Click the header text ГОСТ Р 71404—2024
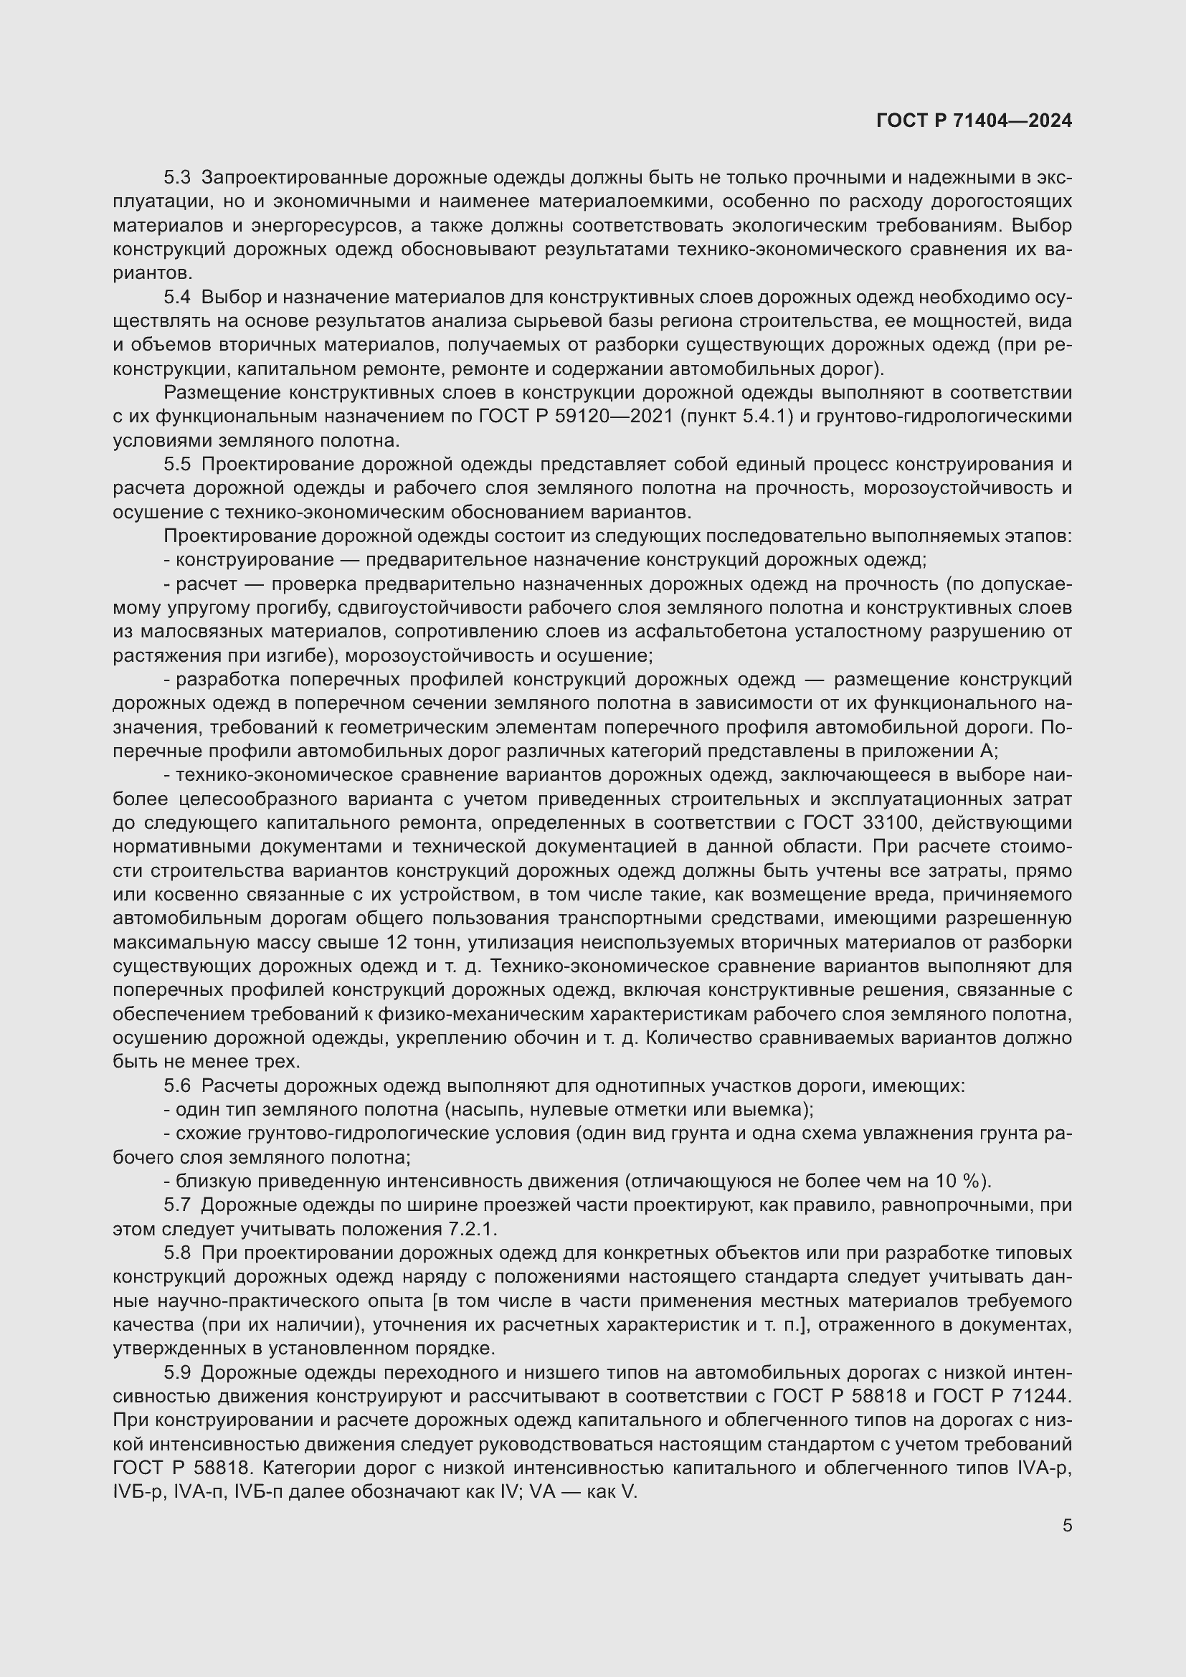tap(974, 121)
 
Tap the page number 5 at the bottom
tap(1067, 1525)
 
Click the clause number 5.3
tap(176, 178)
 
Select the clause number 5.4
tap(176, 298)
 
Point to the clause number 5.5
tap(176, 465)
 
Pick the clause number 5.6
tap(176, 1086)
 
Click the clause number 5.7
tap(176, 1205)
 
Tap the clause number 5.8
tap(176, 1253)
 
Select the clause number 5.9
tap(176, 1373)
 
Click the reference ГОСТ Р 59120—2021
tap(576, 417)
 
